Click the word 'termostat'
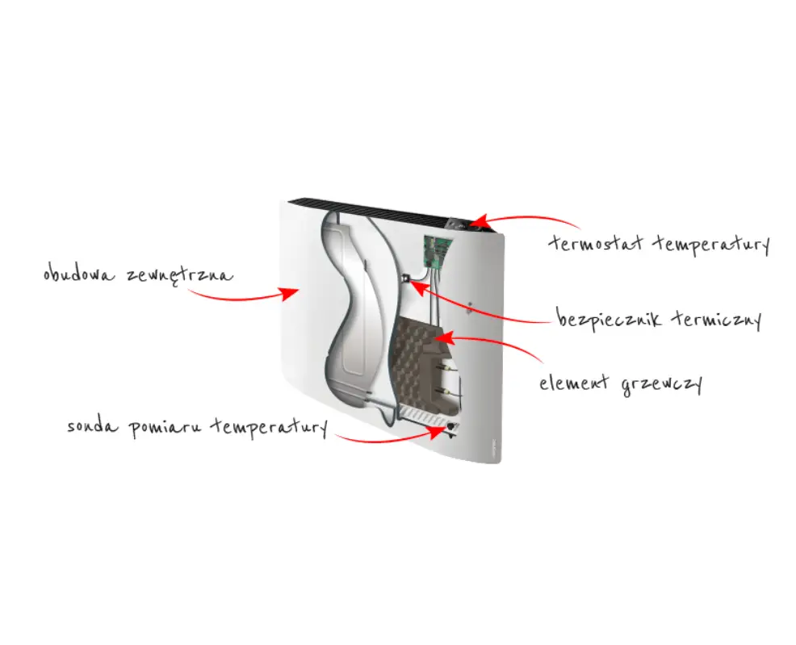(595, 243)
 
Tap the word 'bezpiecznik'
(609, 319)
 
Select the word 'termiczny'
(717, 320)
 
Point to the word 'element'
(574, 382)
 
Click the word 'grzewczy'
(662, 385)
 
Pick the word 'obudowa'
(78, 274)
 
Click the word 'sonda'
(93, 425)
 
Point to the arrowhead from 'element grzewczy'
(442, 337)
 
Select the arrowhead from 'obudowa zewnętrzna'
(290, 293)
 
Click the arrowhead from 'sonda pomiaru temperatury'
(436, 432)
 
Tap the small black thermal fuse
(406, 279)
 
